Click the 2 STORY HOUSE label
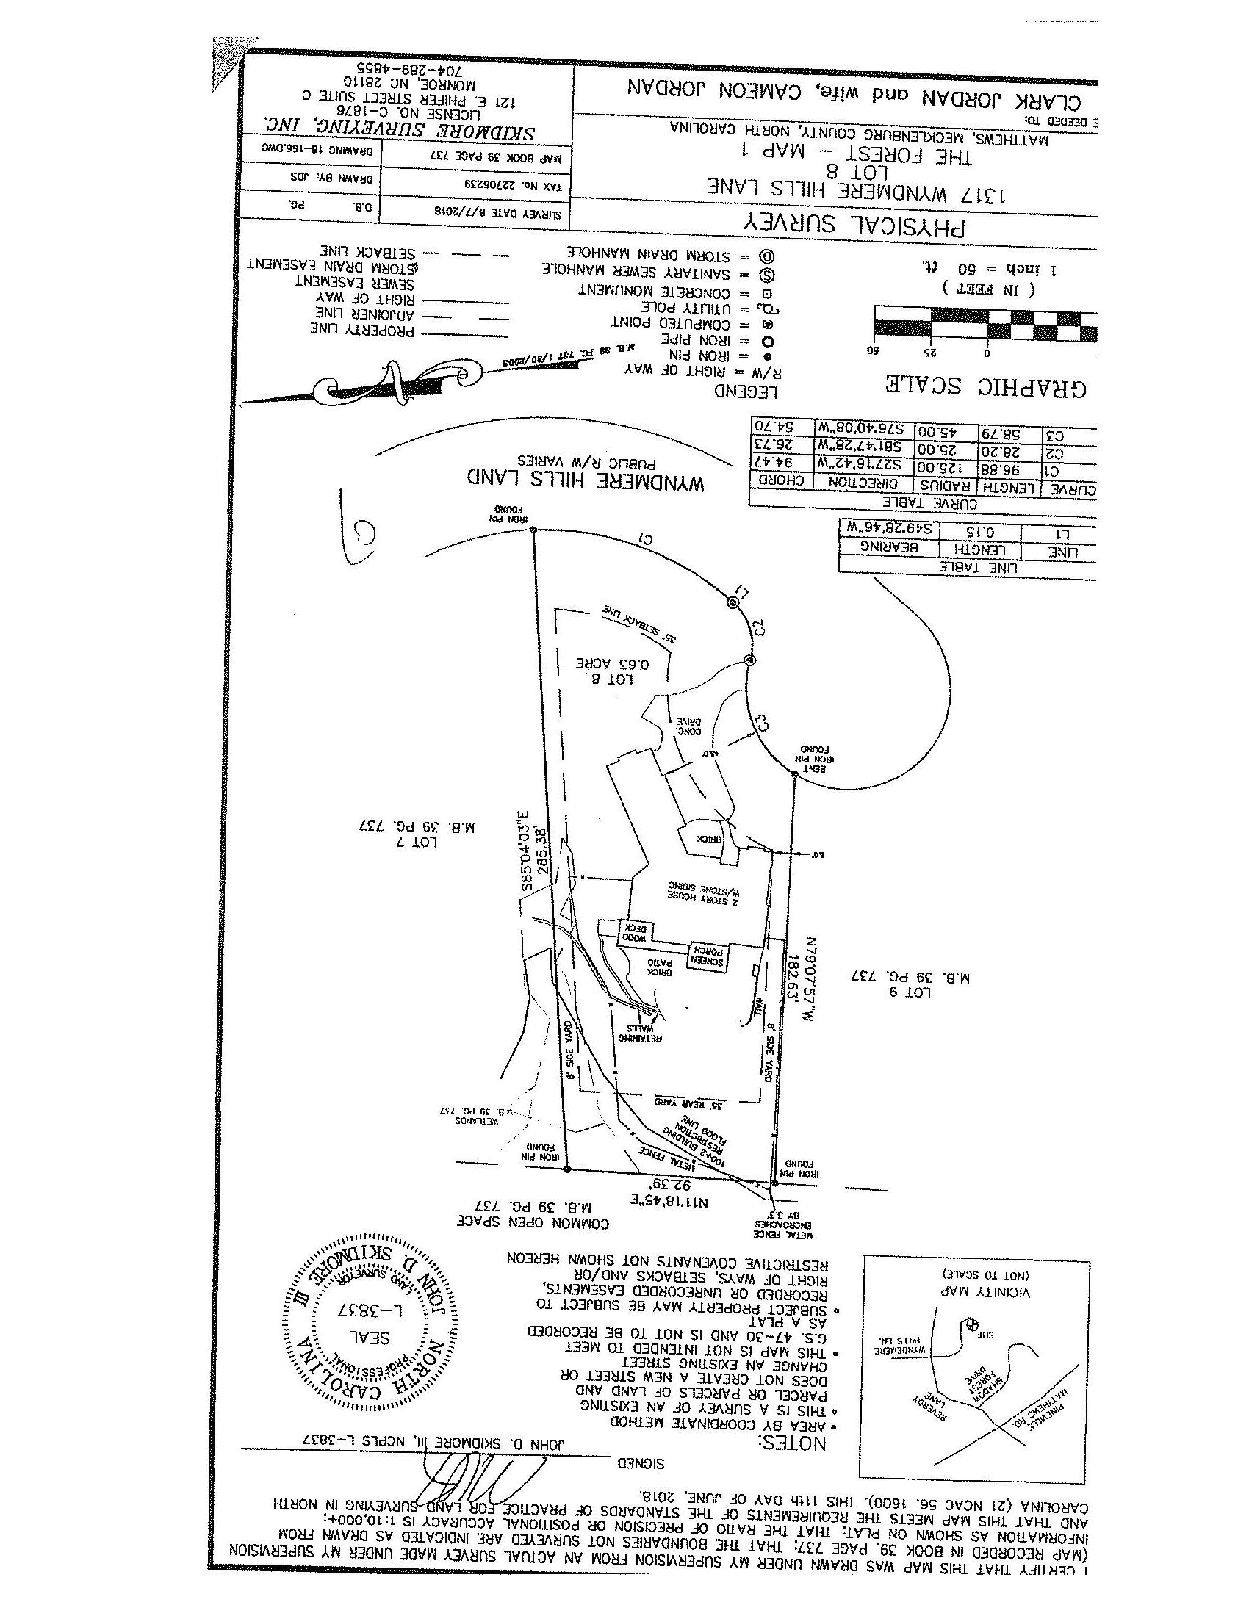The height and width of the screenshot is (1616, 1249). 703,891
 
